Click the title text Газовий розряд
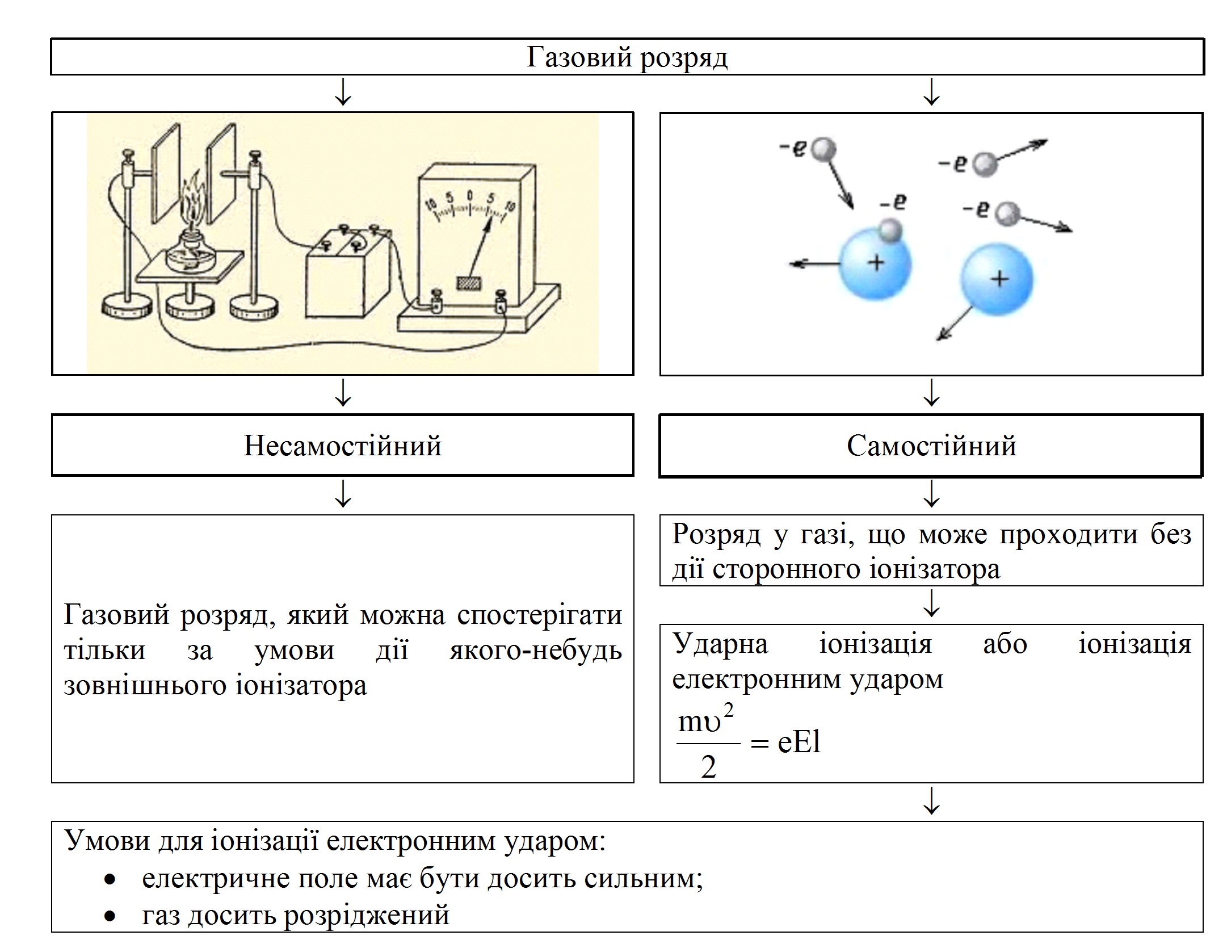627,57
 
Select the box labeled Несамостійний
342,446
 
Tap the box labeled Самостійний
931,446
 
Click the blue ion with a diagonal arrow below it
997,280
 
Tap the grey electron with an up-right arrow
985,165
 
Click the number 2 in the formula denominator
708,767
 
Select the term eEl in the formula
799,741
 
